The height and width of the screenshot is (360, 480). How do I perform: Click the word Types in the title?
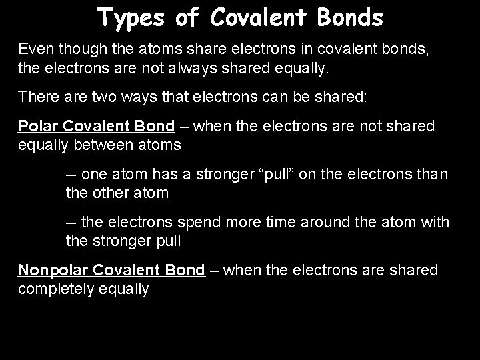click(x=130, y=18)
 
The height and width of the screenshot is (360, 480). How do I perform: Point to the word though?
click(x=78, y=49)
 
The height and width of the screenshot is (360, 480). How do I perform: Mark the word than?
click(x=435, y=175)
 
